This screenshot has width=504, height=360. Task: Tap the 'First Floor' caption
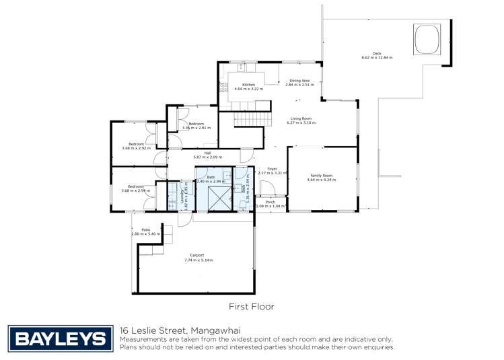click(252, 306)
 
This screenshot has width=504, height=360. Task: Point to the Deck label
click(367, 53)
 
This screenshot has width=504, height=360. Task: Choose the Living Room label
click(300, 118)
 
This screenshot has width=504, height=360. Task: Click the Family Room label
click(320, 175)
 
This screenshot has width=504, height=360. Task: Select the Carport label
click(197, 255)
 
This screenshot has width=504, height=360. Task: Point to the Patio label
click(145, 229)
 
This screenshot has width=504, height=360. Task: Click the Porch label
click(270, 202)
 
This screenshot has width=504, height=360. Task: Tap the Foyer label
click(272, 169)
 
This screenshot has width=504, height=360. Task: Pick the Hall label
click(199, 153)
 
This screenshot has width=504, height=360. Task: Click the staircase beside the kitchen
click(250, 120)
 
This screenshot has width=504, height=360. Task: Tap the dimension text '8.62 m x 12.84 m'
click(376, 58)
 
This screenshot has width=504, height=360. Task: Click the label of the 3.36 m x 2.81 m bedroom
click(196, 124)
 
